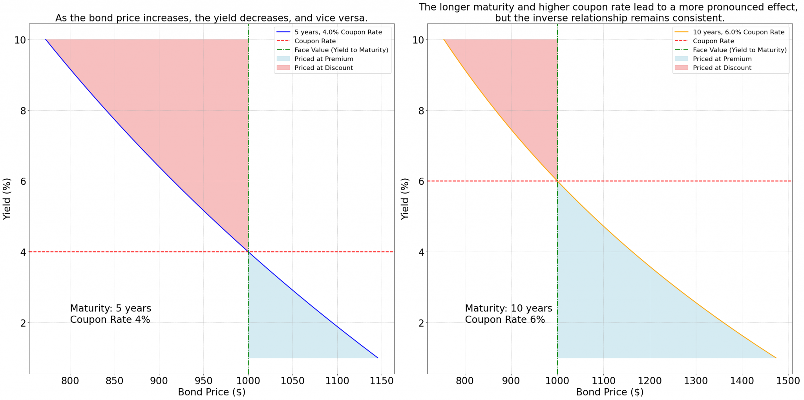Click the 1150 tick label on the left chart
[382, 381]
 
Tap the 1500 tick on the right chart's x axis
[788, 381]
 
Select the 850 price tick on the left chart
[114, 381]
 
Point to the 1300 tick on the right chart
[696, 381]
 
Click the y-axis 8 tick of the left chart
[23, 111]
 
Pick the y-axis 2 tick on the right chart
[421, 323]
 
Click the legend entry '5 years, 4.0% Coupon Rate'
[338, 32]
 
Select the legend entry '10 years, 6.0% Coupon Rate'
[738, 32]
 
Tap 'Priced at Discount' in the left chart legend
[323, 68]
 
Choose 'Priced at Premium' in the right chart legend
[722, 59]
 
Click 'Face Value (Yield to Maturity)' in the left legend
[341, 50]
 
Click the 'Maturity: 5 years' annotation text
[110, 309]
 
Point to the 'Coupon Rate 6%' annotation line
[505, 320]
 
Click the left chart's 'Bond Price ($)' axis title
[212, 392]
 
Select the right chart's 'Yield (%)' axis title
[405, 199]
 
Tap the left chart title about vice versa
[211, 18]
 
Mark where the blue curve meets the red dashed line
[248, 252]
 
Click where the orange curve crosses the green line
[557, 181]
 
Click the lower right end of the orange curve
[776, 358]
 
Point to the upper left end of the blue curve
[46, 40]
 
